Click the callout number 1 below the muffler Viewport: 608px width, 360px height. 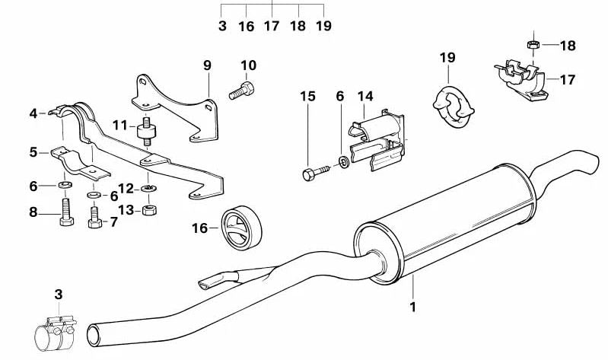pos(412,307)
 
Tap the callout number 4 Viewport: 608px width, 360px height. pos(33,114)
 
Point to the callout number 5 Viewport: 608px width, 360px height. pos(33,152)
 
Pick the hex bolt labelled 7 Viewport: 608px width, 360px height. pos(94,216)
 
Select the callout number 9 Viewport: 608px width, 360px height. pos(206,65)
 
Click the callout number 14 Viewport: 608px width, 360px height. pos(366,97)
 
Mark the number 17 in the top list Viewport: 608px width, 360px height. pos(272,26)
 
